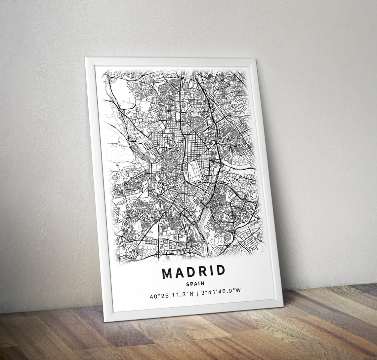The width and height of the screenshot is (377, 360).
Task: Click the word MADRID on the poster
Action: (x=193, y=272)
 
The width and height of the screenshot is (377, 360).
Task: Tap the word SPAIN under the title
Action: (x=195, y=283)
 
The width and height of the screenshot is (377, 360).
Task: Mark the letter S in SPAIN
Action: (x=188, y=284)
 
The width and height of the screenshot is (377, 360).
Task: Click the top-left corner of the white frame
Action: (x=86, y=58)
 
